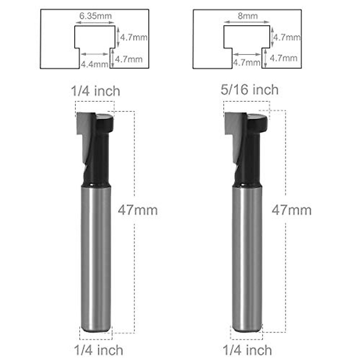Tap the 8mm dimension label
(x=247, y=16)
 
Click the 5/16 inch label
(x=249, y=90)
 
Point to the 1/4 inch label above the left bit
(x=95, y=91)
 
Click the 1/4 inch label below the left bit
(x=98, y=350)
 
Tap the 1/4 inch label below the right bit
(x=247, y=350)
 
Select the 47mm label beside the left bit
(x=138, y=210)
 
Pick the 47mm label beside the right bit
(x=292, y=210)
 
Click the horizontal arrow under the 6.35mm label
(x=94, y=22)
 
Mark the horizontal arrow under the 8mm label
(x=247, y=22)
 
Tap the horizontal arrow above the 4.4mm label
(x=94, y=54)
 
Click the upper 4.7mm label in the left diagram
(x=134, y=37)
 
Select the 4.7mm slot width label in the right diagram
(x=247, y=62)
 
